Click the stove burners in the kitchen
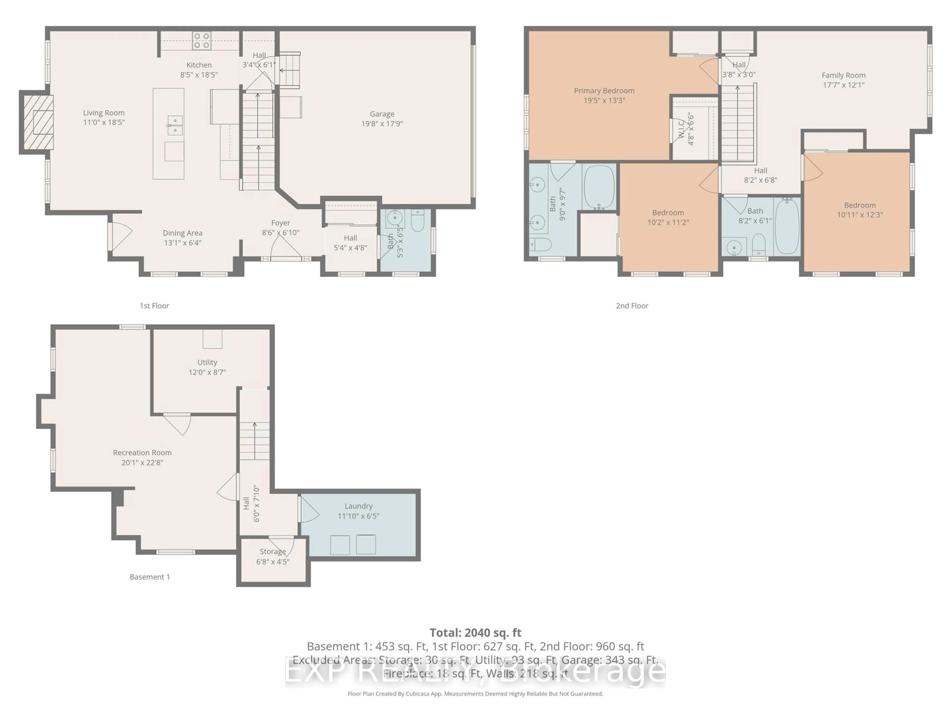(201, 41)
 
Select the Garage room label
(382, 114)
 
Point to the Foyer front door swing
(285, 247)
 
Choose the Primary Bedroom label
(604, 91)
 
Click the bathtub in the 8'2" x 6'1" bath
(787, 226)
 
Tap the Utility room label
(207, 362)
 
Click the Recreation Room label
(142, 453)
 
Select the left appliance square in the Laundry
(340, 545)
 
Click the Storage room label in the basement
(273, 551)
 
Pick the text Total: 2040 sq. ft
(475, 633)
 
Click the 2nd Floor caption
(632, 306)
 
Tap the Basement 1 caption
(150, 577)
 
